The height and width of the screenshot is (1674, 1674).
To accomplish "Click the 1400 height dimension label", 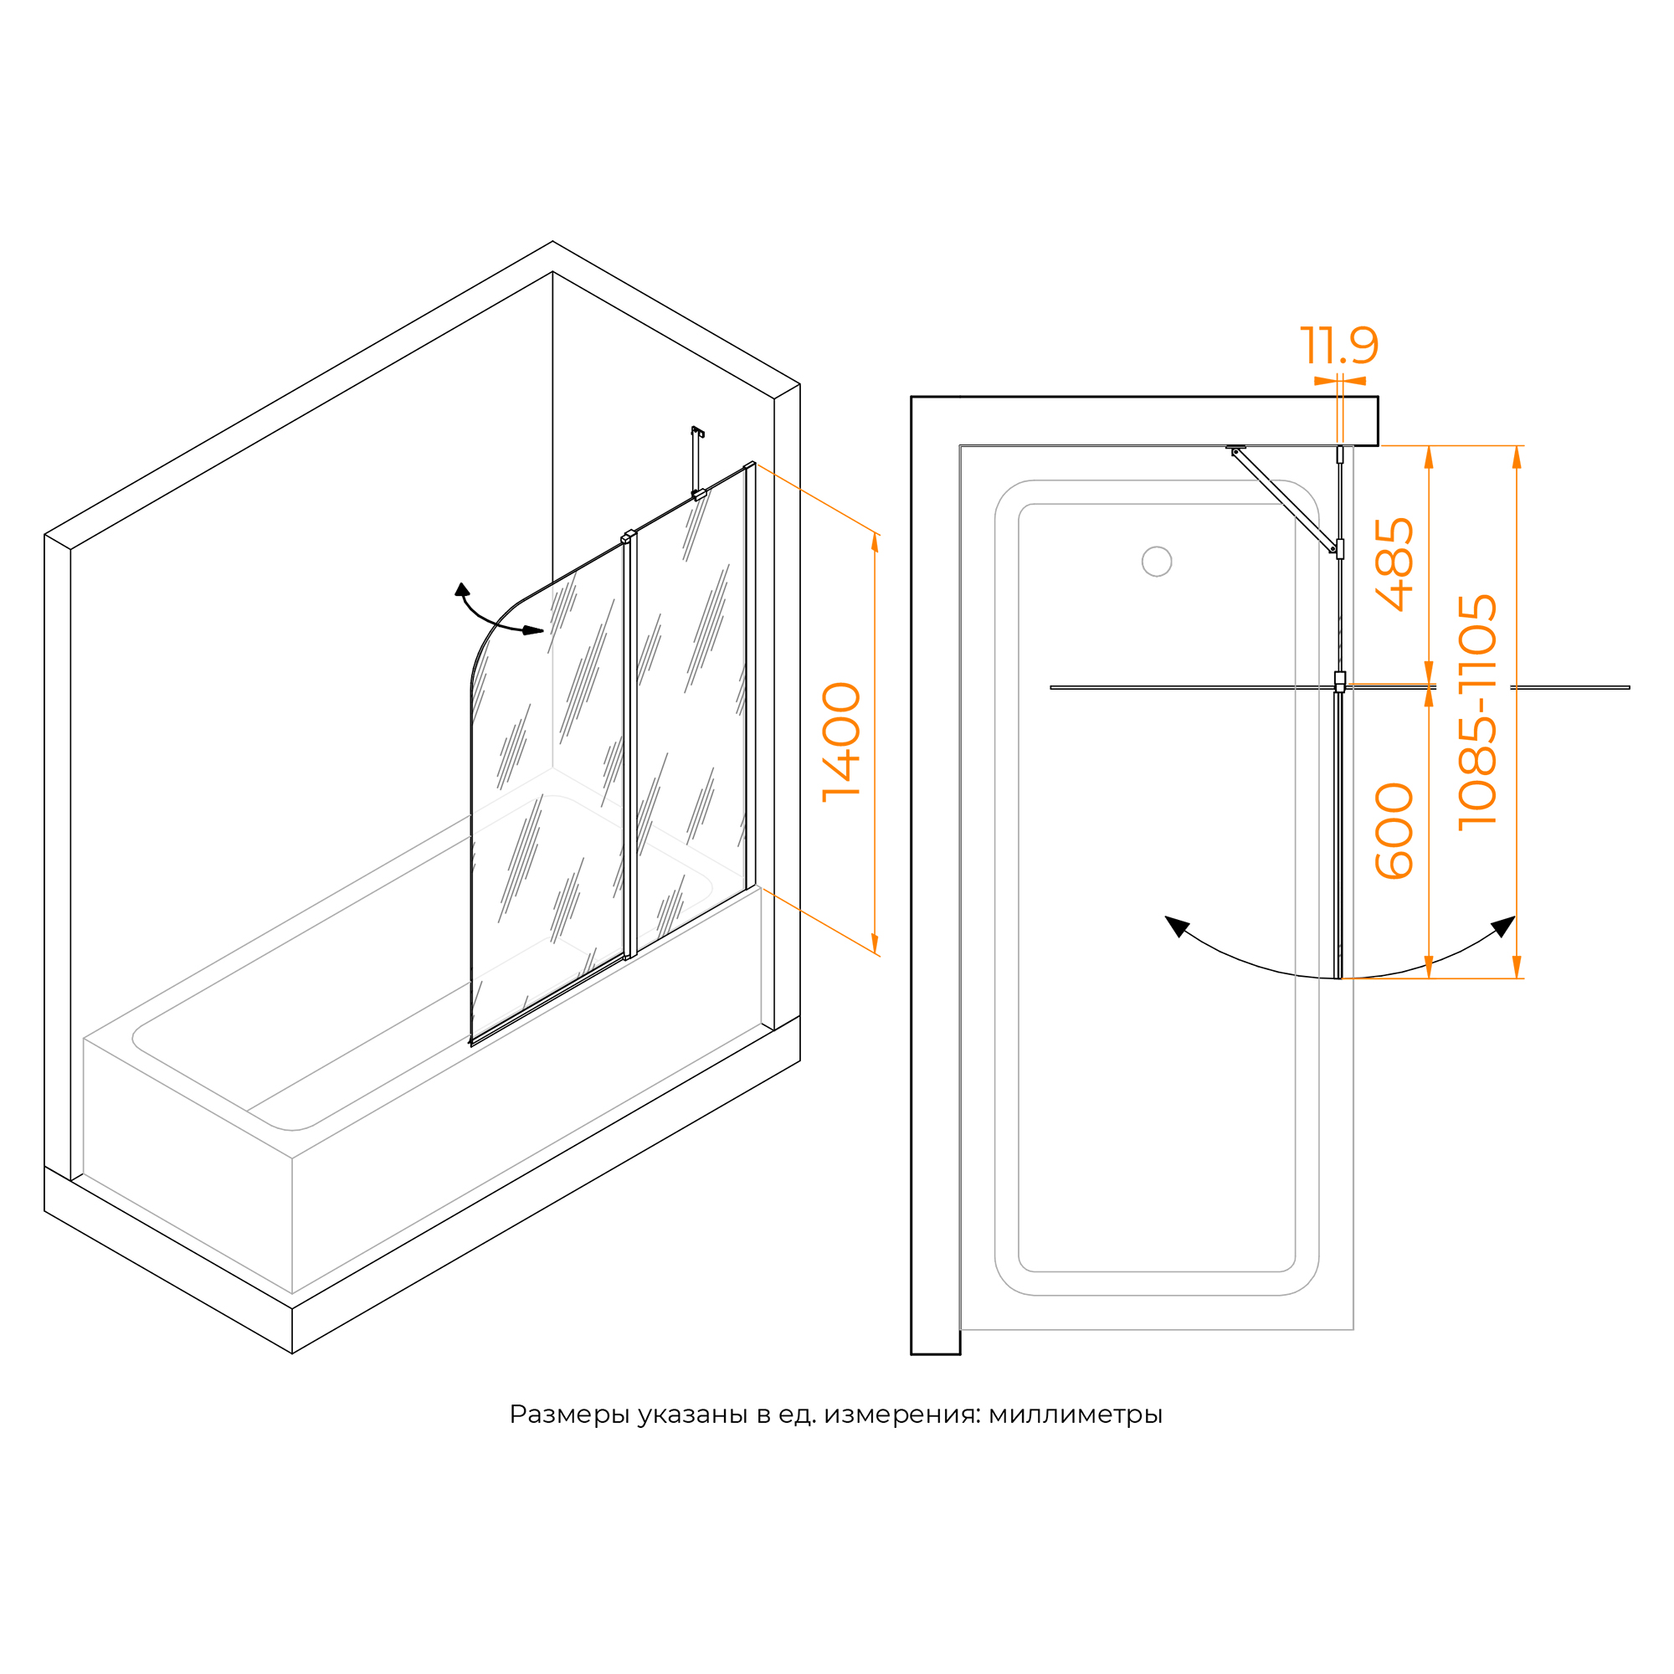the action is (841, 742).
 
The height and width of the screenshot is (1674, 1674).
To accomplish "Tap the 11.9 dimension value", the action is (1338, 346).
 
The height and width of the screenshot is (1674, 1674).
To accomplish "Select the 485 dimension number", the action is (1394, 564).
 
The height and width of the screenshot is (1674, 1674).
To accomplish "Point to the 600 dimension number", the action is (1394, 831).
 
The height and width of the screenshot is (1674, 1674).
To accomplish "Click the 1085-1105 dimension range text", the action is (1477, 712).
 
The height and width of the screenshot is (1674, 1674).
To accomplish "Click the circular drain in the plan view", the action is (1157, 562).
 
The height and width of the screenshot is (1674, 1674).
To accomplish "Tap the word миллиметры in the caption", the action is (1076, 1415).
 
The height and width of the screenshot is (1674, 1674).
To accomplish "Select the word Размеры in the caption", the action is (570, 1415).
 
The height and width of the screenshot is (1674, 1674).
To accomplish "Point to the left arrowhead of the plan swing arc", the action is (1177, 927).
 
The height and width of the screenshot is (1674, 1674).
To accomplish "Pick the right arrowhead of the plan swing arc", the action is (1503, 927).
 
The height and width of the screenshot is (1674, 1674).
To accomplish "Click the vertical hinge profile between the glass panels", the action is (630, 744).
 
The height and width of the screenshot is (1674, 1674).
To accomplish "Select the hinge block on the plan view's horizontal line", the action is (1339, 681).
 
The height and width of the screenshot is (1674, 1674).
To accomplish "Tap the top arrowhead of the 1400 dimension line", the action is (875, 542).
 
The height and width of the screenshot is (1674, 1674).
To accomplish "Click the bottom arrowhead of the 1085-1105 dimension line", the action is (1517, 967).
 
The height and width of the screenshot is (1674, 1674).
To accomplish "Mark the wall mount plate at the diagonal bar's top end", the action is (1235, 448).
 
